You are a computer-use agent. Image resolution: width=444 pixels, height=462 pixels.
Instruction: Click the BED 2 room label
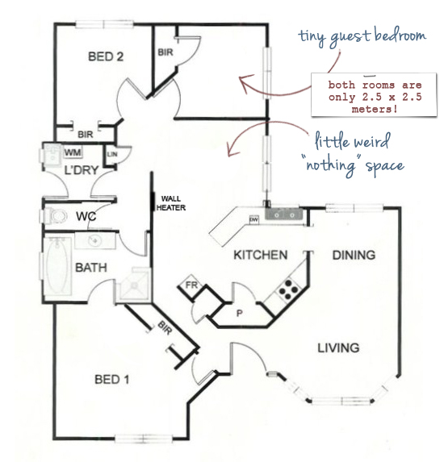106,56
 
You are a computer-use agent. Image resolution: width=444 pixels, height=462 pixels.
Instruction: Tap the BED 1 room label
112,379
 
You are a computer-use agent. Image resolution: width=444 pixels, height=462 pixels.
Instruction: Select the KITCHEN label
261,255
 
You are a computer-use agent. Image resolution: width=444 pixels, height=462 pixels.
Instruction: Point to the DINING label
354,255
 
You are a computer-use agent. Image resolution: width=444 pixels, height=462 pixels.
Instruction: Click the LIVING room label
338,348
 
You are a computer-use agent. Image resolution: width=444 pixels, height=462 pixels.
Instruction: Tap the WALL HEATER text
171,203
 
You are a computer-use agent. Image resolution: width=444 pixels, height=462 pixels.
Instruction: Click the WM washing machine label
73,152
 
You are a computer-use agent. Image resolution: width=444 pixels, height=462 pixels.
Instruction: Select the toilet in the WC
57,216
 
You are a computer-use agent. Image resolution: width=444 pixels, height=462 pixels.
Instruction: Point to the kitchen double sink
283,214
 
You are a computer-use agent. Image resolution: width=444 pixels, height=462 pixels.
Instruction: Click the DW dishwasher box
253,219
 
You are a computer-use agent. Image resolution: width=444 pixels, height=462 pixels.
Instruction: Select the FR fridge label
191,285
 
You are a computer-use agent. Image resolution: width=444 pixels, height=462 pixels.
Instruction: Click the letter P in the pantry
240,313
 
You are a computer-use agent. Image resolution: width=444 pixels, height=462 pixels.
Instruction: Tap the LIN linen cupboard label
112,154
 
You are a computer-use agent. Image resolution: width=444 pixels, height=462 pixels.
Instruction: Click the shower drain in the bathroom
135,285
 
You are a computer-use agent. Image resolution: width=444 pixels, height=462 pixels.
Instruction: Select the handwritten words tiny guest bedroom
362,37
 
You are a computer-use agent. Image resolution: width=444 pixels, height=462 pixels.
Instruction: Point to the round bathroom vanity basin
94,240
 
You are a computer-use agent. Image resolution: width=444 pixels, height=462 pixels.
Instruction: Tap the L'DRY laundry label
82,170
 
